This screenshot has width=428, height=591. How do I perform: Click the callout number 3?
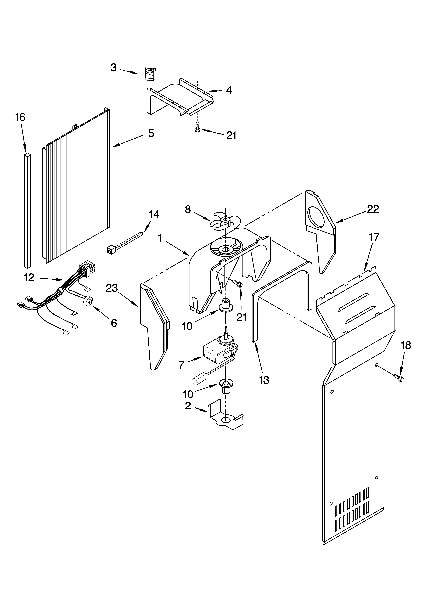tap(113, 68)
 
